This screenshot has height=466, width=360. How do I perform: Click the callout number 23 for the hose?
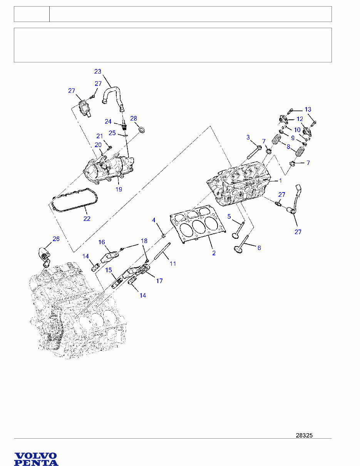(x=98, y=71)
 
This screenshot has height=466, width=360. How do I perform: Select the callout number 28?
(x=134, y=118)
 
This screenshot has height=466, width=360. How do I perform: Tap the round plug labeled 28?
(x=142, y=130)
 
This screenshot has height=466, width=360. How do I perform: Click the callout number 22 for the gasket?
(x=87, y=219)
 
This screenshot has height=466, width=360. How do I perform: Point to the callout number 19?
(x=119, y=190)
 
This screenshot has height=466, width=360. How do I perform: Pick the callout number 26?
(x=56, y=239)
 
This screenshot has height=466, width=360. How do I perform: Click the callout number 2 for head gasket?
(x=214, y=253)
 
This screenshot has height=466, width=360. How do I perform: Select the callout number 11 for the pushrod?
(x=173, y=264)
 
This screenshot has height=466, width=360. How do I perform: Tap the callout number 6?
(x=259, y=248)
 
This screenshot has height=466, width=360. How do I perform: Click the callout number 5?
(x=229, y=217)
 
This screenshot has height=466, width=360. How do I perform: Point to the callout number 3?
(x=248, y=137)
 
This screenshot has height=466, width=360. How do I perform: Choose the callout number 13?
(x=308, y=109)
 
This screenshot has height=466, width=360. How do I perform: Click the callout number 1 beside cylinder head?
(x=281, y=180)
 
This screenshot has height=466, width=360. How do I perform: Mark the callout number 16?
(x=102, y=242)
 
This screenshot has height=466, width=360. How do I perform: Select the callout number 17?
(x=159, y=281)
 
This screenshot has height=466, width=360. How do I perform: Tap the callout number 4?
(x=154, y=220)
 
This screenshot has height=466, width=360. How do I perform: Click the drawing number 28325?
(x=304, y=436)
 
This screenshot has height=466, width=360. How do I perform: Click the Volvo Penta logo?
(x=36, y=459)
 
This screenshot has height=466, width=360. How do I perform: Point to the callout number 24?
(x=108, y=121)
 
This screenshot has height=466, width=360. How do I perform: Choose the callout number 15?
(x=109, y=270)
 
